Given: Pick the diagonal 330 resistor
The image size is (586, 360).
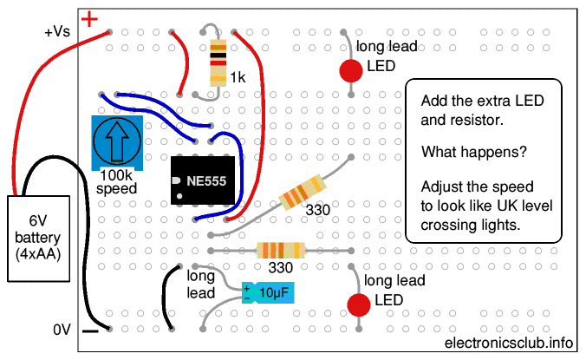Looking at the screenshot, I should click(303, 192).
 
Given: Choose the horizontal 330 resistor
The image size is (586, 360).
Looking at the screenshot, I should click(279, 250).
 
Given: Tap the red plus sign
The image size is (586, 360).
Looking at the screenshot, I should click(89, 17).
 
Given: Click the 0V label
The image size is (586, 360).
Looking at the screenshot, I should click(61, 330).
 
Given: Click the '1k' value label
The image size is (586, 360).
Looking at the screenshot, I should click(238, 78).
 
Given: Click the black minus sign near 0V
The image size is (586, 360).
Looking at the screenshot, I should click(89, 331).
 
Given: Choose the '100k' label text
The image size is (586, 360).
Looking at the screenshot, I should click(115, 175).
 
